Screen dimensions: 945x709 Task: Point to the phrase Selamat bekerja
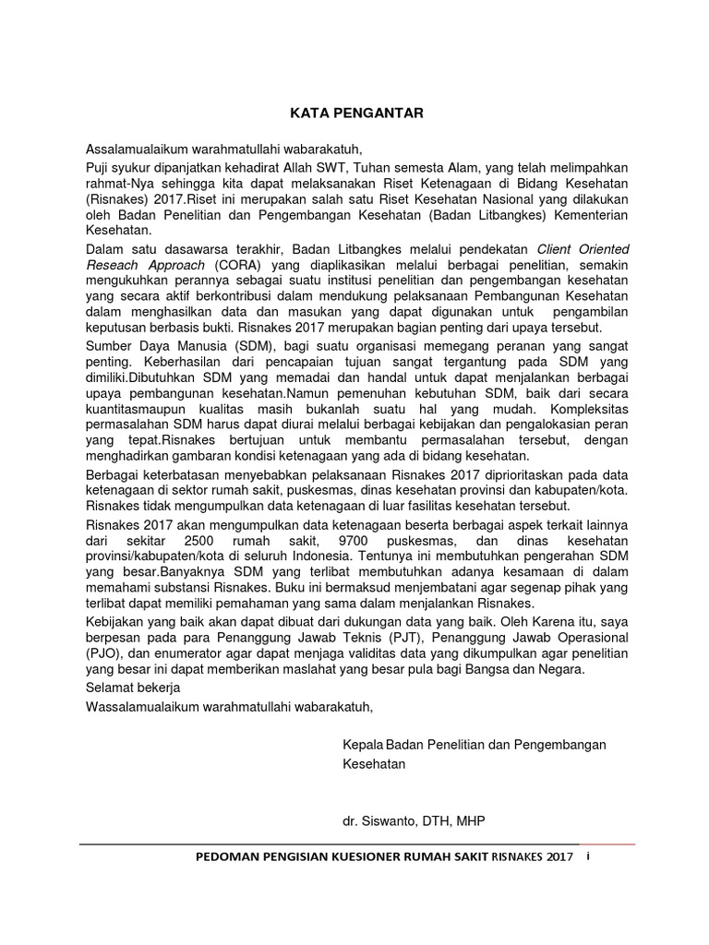[x=132, y=688]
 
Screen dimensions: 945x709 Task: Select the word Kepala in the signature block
[x=363, y=745]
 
